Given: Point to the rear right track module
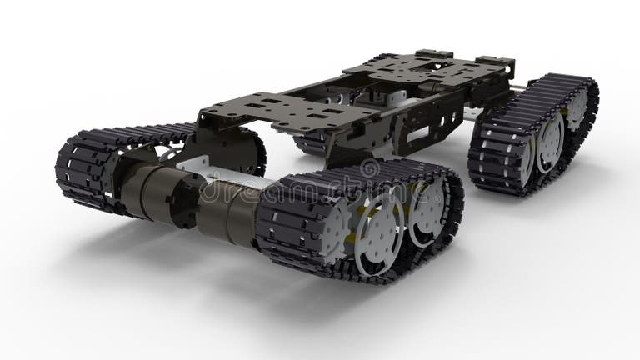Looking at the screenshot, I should pyautogui.click(x=533, y=133).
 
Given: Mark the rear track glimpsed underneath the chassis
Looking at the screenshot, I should pyautogui.click(x=310, y=143).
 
